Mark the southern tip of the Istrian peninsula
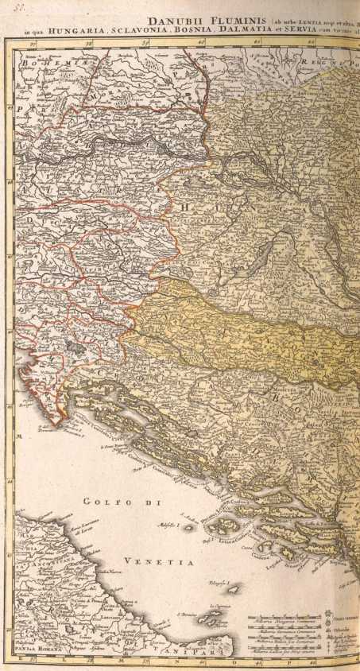pyautogui.click(x=53, y=420)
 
